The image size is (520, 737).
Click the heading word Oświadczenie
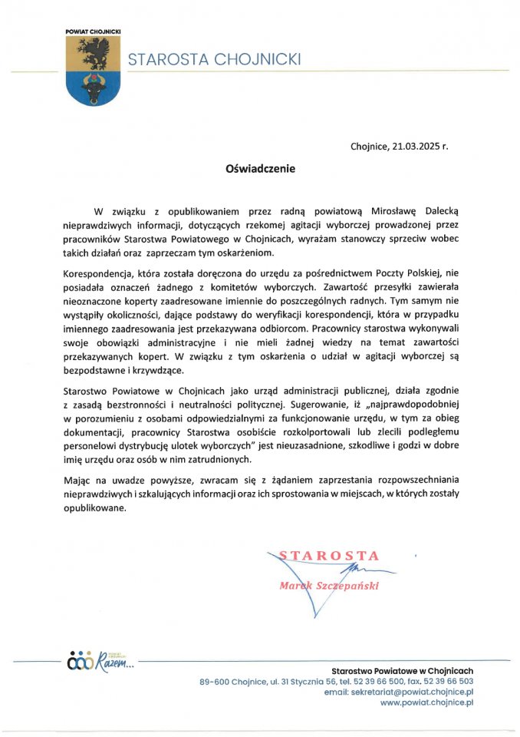(259, 167)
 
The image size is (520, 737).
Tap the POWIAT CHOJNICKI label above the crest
(87, 31)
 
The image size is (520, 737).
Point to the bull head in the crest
(87, 87)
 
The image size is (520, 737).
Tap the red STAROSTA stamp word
(329, 555)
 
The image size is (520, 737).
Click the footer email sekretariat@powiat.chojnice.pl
(413, 691)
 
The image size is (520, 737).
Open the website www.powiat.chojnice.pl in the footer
(426, 702)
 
